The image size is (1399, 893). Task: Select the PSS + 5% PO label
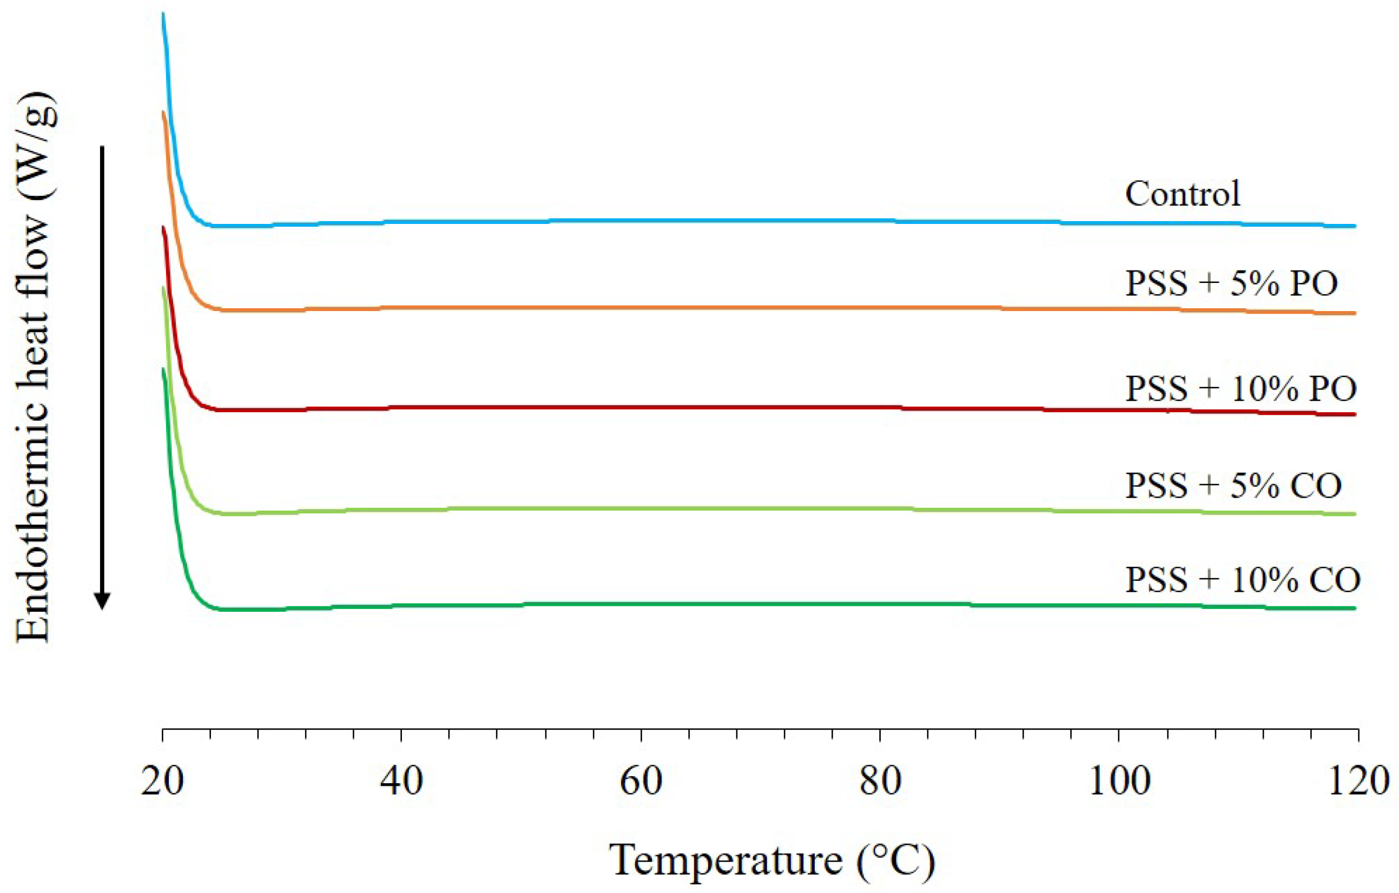(1231, 283)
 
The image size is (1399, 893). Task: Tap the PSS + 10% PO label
(1241, 388)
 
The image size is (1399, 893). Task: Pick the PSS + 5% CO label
(1233, 485)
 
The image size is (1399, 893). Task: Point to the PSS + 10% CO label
(1243, 579)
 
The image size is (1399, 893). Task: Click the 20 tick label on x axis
(163, 782)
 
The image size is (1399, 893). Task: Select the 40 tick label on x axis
(401, 782)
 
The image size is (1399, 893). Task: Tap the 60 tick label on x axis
(641, 782)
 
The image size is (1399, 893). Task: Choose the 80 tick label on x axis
(880, 782)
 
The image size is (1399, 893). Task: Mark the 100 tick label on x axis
(1119, 782)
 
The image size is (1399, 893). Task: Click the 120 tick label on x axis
(1358, 782)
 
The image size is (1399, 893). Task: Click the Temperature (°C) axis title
(772, 861)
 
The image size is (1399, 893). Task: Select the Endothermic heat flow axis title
(36, 366)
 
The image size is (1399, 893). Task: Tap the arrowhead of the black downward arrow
(102, 601)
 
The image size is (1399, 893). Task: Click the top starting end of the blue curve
(163, 14)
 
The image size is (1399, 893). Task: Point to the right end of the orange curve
(1354, 313)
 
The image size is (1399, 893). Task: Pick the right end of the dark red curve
(1354, 414)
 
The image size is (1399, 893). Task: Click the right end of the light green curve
(1354, 514)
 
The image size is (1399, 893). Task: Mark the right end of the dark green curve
(1354, 608)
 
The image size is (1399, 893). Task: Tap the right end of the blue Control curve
(1354, 226)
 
